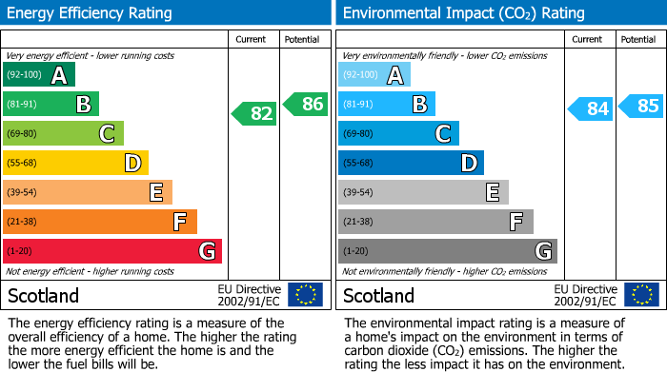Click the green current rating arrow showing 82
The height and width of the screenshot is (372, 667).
click(x=254, y=114)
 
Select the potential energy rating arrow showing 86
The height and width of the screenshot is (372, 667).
click(x=306, y=105)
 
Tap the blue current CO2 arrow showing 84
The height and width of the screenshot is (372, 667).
click(x=590, y=109)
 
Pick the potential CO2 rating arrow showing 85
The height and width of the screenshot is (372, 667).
click(x=641, y=106)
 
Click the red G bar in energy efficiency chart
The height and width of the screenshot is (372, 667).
click(x=112, y=251)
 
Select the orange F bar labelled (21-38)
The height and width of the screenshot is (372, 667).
click(x=100, y=222)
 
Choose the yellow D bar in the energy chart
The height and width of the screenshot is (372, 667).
click(x=75, y=163)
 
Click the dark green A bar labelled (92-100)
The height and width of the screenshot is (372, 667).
click(x=39, y=75)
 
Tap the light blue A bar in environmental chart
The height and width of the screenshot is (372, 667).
click(x=374, y=75)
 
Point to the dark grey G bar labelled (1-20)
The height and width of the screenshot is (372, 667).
click(x=448, y=251)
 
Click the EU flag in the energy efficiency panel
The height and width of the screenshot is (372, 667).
click(x=305, y=295)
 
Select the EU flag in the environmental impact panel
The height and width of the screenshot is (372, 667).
click(x=640, y=295)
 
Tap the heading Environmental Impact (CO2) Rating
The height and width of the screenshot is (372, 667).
click(x=463, y=13)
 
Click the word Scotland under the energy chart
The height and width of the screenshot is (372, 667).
click(x=43, y=296)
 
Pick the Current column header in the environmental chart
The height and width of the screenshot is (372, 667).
click(x=587, y=39)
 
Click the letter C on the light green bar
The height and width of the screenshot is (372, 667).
click(x=107, y=134)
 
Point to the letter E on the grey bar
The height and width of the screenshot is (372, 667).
click(x=492, y=192)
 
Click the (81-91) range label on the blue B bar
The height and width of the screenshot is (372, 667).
click(x=359, y=105)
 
